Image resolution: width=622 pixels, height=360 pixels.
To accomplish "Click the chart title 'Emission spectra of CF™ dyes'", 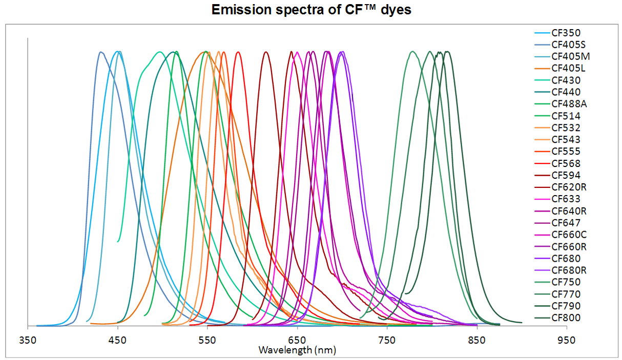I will (x=311, y=10).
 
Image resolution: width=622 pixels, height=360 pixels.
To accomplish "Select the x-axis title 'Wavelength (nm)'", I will (x=297, y=350).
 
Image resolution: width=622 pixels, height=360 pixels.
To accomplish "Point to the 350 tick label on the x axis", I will (x=28, y=341).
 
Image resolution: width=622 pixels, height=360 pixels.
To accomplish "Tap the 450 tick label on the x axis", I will (x=117, y=341).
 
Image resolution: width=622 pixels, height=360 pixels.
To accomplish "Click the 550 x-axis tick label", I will (x=207, y=341).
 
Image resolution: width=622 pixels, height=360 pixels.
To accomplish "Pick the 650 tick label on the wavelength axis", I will (x=297, y=341).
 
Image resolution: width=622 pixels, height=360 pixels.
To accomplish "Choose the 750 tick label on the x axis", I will (x=387, y=341).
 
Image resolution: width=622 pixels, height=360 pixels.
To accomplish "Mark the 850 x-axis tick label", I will (x=476, y=341).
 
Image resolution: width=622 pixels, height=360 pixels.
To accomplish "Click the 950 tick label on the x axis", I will (x=566, y=341).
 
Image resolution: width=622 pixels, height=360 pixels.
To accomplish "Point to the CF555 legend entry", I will (x=566, y=152).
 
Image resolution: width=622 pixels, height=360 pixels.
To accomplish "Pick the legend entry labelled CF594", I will (x=566, y=175).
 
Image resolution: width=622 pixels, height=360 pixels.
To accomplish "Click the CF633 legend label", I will (x=566, y=199).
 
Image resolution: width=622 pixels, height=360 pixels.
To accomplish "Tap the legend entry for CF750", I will (x=566, y=282).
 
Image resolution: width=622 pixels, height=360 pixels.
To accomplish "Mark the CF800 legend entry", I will (x=566, y=318).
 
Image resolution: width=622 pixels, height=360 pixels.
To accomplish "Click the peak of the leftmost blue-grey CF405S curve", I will (x=101, y=52).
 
